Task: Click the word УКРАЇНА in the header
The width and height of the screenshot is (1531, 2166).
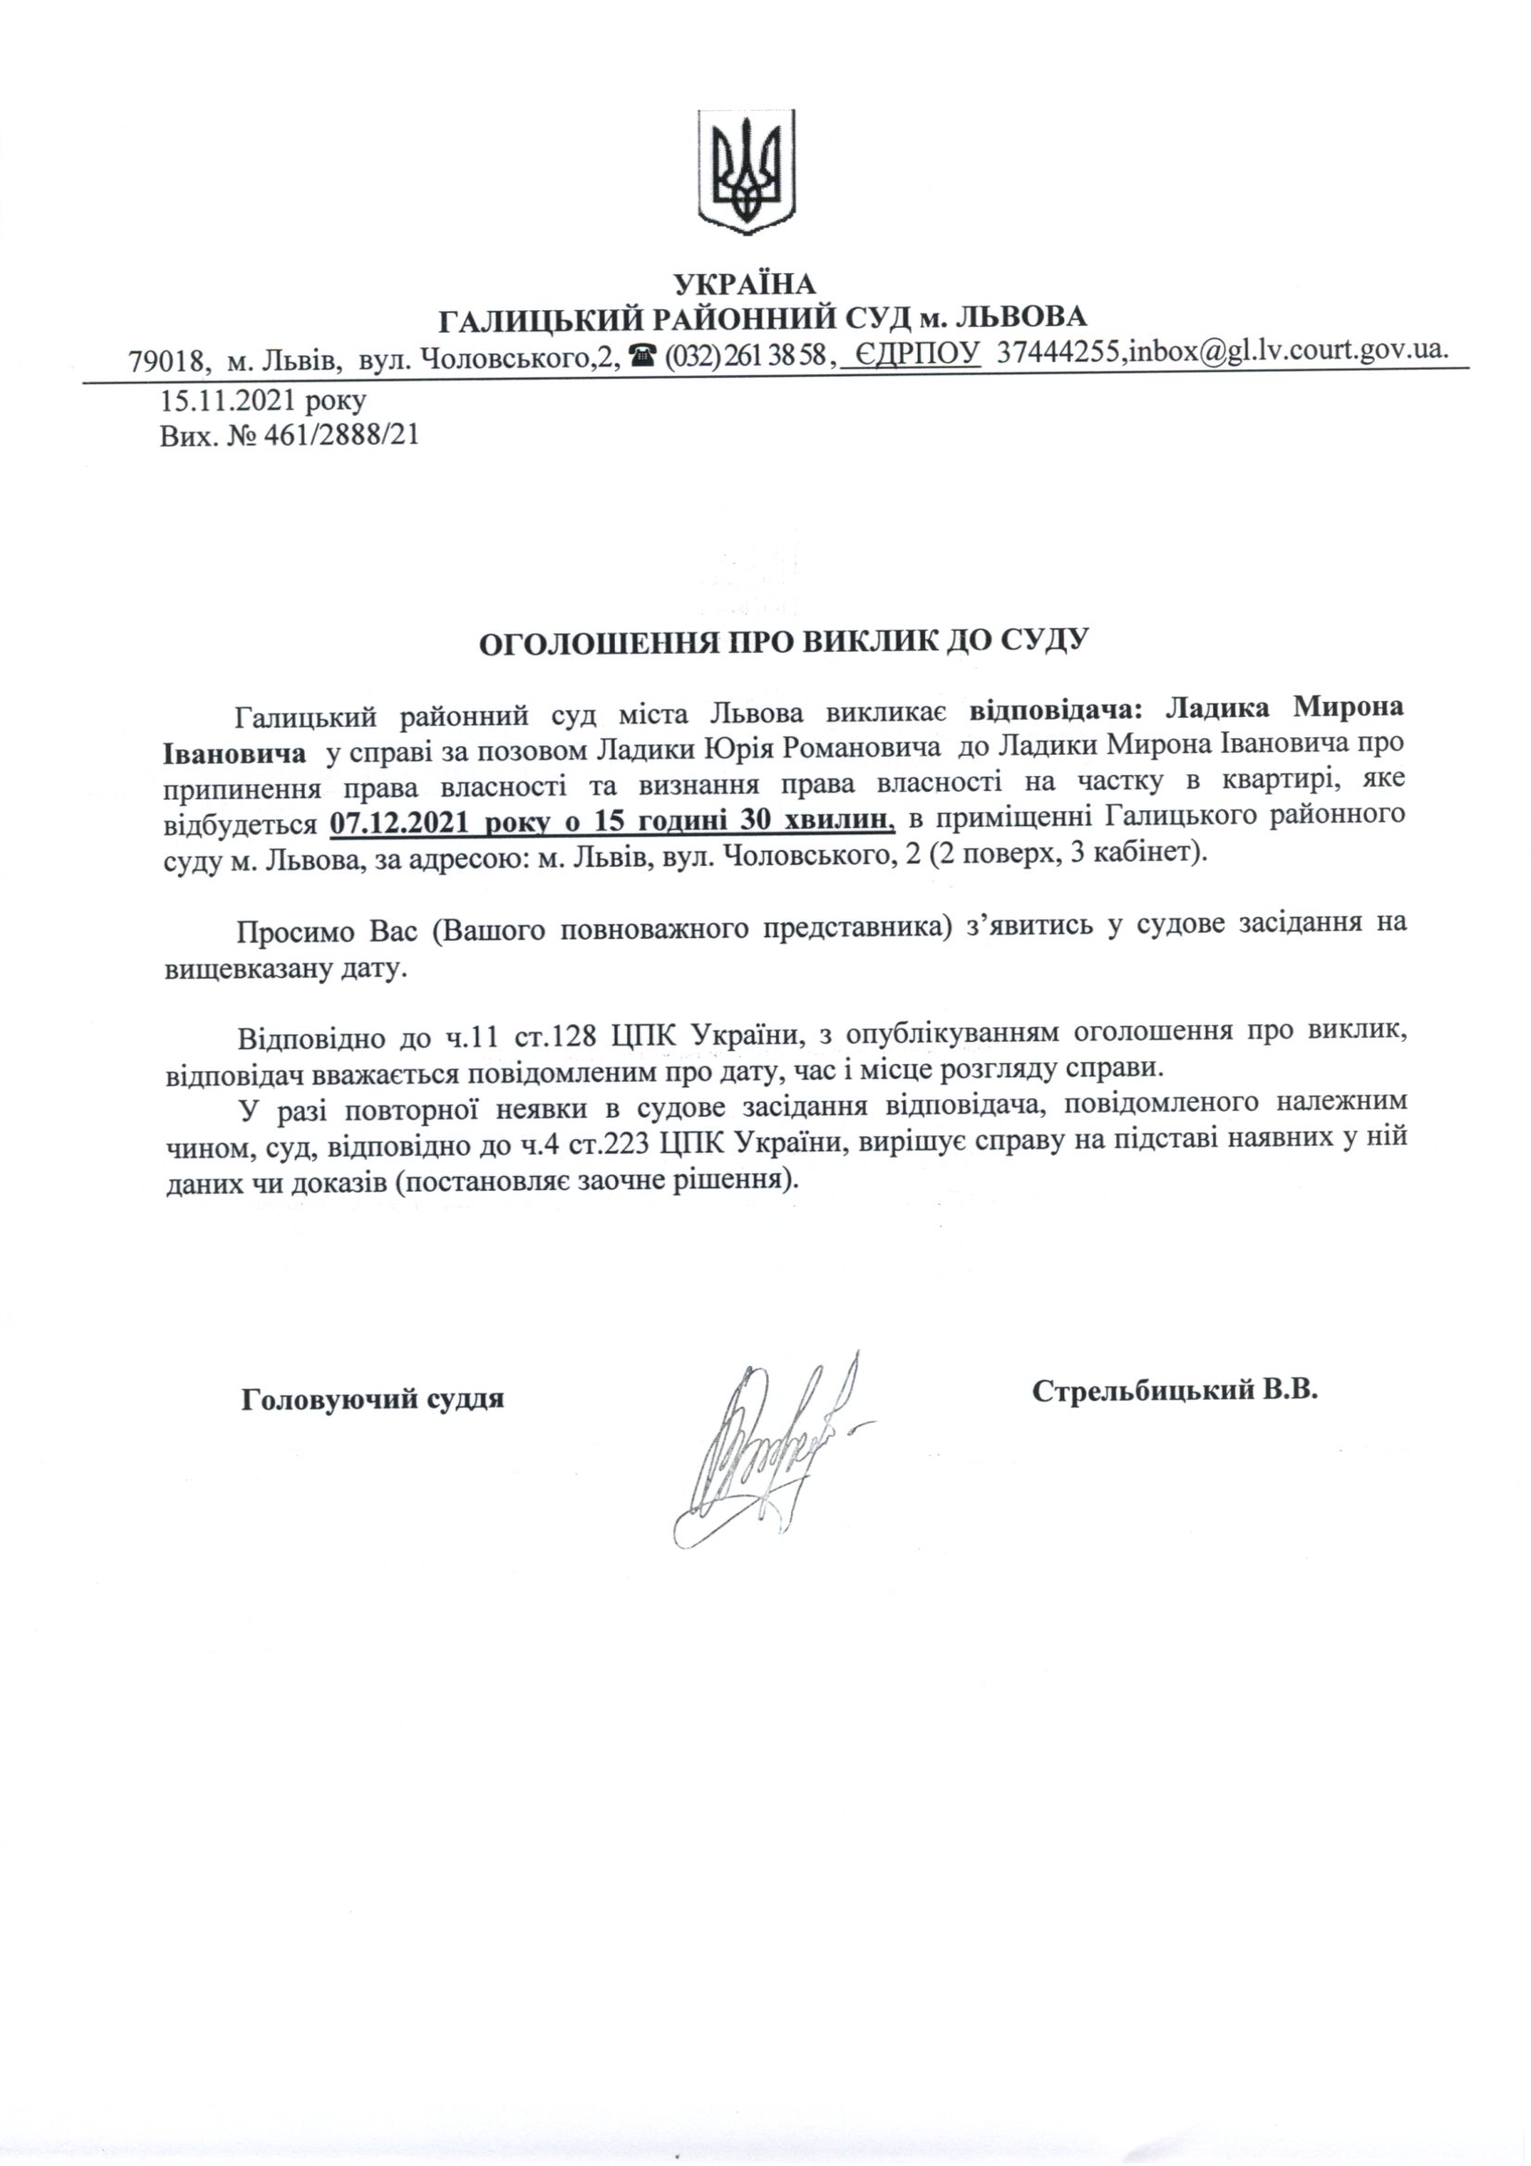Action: pyautogui.click(x=746, y=283)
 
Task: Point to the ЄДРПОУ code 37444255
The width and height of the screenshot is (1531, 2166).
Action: pyautogui.click(x=1060, y=353)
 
